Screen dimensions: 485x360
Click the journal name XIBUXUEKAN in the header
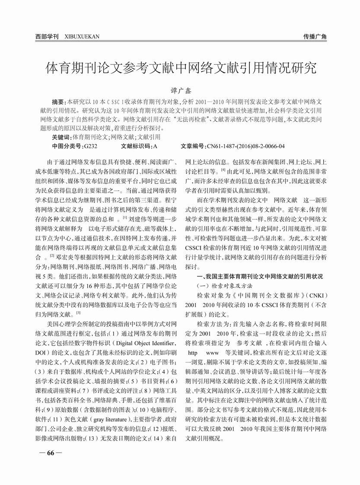pos(82,37)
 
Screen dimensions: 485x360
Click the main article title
pos(181,68)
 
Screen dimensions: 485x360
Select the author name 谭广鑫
pos(181,91)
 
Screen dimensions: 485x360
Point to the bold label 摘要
pos(58,101)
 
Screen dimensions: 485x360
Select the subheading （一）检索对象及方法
pos(224,285)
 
